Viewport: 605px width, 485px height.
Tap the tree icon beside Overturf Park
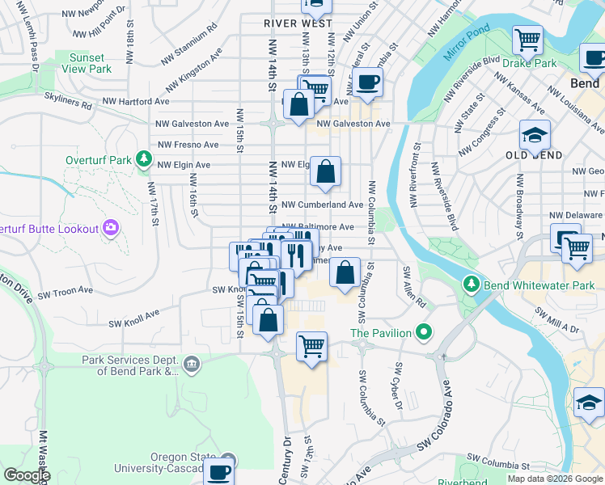pos(144,159)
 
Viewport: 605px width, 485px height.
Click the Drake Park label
pos(530,62)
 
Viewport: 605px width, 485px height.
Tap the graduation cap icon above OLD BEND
pos(535,134)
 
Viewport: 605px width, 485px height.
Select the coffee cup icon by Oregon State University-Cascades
pos(218,471)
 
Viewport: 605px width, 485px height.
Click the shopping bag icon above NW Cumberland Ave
pos(325,171)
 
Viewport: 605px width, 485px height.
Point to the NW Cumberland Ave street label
pos(322,205)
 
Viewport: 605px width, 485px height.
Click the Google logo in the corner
pos(27,475)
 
